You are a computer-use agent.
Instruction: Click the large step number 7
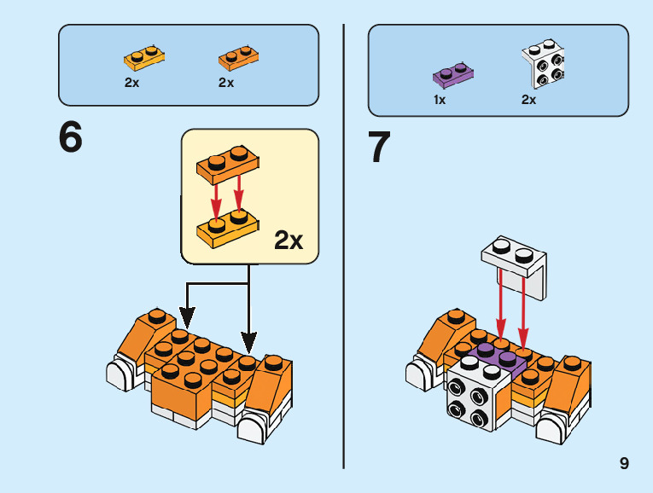[379, 147]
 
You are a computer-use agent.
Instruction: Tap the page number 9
[625, 463]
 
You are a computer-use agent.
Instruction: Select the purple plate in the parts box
[454, 75]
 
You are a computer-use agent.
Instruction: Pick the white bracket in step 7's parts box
[542, 67]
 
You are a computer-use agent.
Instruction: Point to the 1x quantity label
[440, 100]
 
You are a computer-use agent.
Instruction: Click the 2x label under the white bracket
[529, 100]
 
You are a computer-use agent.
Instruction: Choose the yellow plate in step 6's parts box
[144, 58]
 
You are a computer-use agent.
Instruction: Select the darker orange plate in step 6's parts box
[238, 58]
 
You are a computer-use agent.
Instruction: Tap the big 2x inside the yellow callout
[289, 241]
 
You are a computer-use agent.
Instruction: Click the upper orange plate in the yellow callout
[229, 165]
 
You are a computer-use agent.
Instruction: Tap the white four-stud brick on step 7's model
[473, 397]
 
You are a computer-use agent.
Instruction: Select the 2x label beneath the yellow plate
[132, 84]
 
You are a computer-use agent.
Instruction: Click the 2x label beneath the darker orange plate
[226, 84]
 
